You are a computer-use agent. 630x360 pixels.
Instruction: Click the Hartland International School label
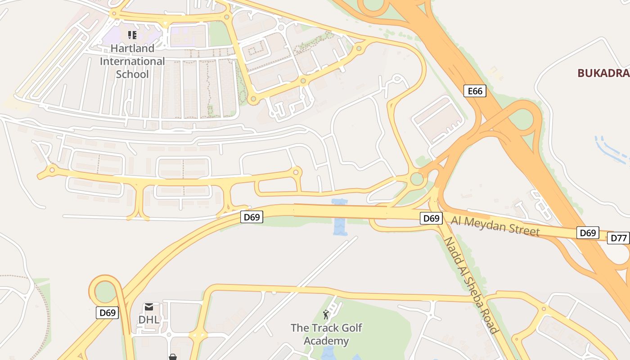point(132,61)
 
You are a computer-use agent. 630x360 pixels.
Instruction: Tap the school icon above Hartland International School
point(132,35)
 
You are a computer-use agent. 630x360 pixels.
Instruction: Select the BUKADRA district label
point(603,73)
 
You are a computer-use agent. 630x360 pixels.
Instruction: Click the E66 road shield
point(475,91)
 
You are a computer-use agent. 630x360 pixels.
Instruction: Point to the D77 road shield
point(619,238)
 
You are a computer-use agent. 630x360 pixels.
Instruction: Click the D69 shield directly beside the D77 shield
point(588,233)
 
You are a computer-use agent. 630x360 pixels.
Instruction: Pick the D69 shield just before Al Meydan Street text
point(431,218)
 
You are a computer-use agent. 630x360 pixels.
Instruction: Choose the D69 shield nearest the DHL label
point(108,312)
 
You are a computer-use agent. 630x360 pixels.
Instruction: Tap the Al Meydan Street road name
point(495,225)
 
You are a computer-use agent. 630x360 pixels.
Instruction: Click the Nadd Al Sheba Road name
point(471,285)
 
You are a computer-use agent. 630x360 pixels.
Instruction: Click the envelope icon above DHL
point(149,307)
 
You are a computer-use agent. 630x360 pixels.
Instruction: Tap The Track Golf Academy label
point(326,334)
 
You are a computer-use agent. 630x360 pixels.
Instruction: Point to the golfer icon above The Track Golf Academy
point(326,315)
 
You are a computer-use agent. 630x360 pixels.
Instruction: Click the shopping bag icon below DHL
point(172,357)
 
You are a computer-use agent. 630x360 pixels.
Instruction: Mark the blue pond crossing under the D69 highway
point(340,217)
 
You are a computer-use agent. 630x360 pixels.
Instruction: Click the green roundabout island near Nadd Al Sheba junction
point(417,179)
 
